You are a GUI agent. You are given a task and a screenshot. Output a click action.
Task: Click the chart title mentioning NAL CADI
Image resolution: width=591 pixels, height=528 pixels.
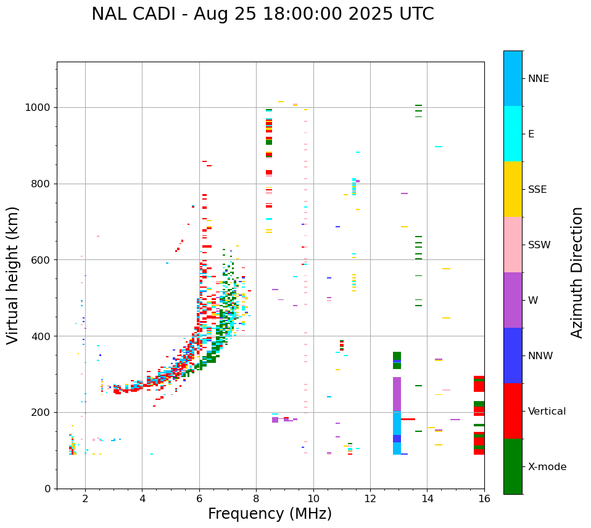click(262, 14)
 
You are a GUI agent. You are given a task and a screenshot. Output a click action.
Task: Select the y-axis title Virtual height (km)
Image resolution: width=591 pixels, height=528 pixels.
click(13, 275)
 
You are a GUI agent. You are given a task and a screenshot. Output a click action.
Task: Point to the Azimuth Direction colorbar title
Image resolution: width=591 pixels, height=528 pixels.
click(577, 272)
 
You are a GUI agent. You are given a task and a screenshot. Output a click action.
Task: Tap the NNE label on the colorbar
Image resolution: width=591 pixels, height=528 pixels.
click(538, 79)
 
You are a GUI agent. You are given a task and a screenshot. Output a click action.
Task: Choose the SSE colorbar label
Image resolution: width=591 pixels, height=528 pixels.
click(537, 190)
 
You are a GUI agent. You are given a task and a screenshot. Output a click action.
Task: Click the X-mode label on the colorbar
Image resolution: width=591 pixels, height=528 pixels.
click(547, 467)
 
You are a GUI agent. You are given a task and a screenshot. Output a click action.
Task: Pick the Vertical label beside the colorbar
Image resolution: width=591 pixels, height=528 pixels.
click(547, 412)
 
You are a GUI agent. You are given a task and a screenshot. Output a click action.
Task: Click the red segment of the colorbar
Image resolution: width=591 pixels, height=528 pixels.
click(513, 411)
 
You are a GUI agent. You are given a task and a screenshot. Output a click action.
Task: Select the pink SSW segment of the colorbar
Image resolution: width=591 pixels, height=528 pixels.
click(513, 245)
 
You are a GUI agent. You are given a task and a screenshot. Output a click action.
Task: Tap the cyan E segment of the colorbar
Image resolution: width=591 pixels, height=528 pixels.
click(513, 134)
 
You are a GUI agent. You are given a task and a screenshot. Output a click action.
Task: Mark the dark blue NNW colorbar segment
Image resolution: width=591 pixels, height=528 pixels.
click(513, 355)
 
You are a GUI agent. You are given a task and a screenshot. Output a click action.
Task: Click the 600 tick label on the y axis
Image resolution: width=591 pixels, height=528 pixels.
click(40, 260)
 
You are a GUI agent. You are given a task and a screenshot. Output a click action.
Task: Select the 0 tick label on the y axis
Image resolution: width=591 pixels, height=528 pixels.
click(46, 489)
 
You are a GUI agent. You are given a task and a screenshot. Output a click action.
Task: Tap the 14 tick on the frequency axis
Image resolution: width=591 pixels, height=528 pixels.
click(427, 498)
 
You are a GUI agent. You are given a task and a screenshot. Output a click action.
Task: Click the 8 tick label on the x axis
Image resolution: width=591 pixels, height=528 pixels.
click(256, 498)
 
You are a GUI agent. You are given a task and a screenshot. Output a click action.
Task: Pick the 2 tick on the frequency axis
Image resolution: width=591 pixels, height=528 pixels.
click(85, 498)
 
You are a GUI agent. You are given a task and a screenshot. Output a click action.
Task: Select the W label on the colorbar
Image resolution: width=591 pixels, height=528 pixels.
click(533, 301)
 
